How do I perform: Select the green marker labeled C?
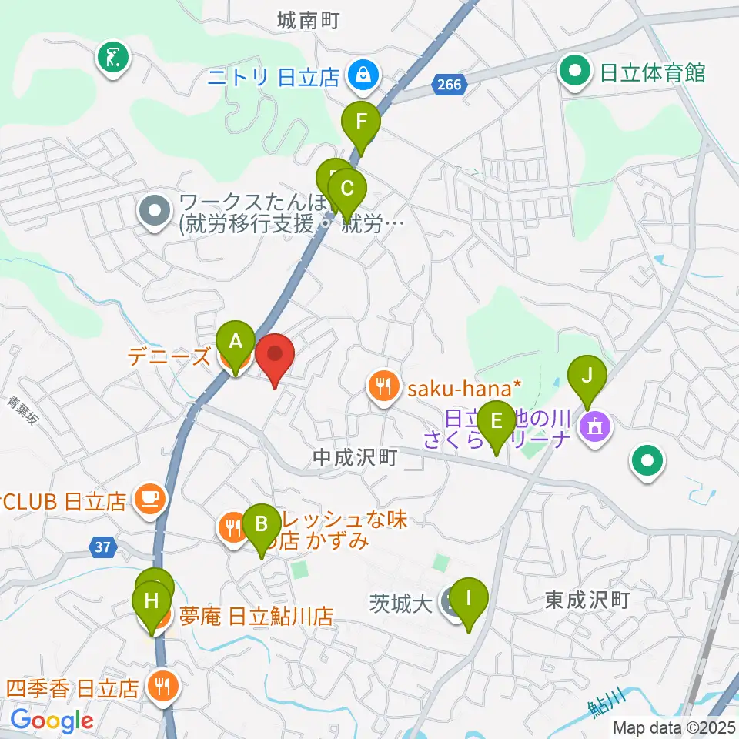347,189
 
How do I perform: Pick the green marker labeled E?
497,421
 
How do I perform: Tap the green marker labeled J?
587,376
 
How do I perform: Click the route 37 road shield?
99,547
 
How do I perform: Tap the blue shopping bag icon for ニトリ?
359,75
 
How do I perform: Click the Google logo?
52,721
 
